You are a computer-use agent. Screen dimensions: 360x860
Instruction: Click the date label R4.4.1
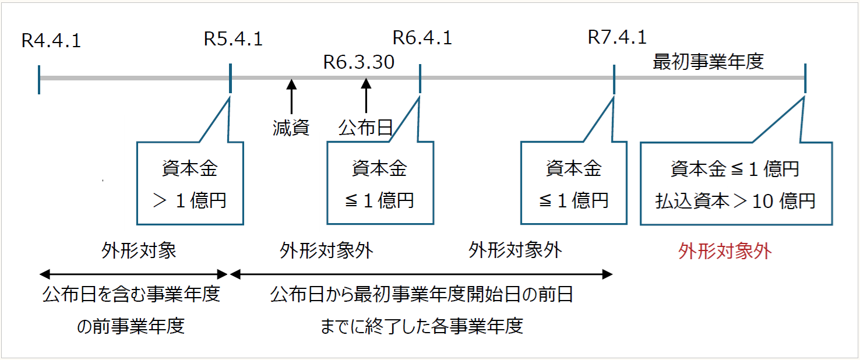(x=51, y=41)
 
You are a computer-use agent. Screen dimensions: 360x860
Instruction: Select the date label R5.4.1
(x=233, y=39)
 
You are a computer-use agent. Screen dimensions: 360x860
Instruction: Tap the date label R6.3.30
(x=359, y=62)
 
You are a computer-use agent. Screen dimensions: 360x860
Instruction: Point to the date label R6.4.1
(x=422, y=38)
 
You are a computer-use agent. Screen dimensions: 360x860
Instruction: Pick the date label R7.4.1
(x=617, y=37)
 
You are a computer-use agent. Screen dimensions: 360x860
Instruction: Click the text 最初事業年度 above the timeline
(x=708, y=62)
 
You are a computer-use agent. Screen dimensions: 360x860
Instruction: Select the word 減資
(x=291, y=128)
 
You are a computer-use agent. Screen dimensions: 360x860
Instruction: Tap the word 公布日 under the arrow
(x=365, y=128)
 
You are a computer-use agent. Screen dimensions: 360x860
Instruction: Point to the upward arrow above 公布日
(x=366, y=96)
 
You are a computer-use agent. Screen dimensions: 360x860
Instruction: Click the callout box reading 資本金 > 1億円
(x=189, y=183)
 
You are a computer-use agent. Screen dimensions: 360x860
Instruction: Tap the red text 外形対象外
(x=725, y=251)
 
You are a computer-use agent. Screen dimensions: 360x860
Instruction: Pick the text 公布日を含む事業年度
(x=131, y=294)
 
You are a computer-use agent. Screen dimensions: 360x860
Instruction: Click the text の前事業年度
(x=131, y=326)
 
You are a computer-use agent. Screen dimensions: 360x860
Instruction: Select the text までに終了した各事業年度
(x=422, y=326)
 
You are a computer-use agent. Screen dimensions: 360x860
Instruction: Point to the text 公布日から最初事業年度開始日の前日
(x=421, y=294)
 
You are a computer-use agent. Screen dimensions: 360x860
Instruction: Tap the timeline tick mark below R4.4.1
(x=38, y=79)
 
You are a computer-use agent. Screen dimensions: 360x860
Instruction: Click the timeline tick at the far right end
(x=805, y=79)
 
